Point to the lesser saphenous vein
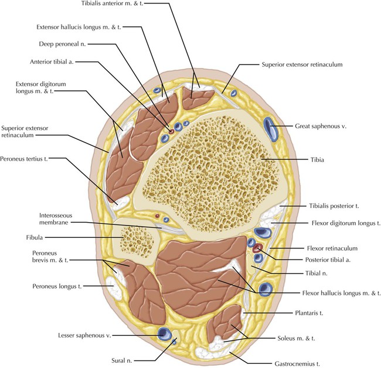[x=165, y=335]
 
